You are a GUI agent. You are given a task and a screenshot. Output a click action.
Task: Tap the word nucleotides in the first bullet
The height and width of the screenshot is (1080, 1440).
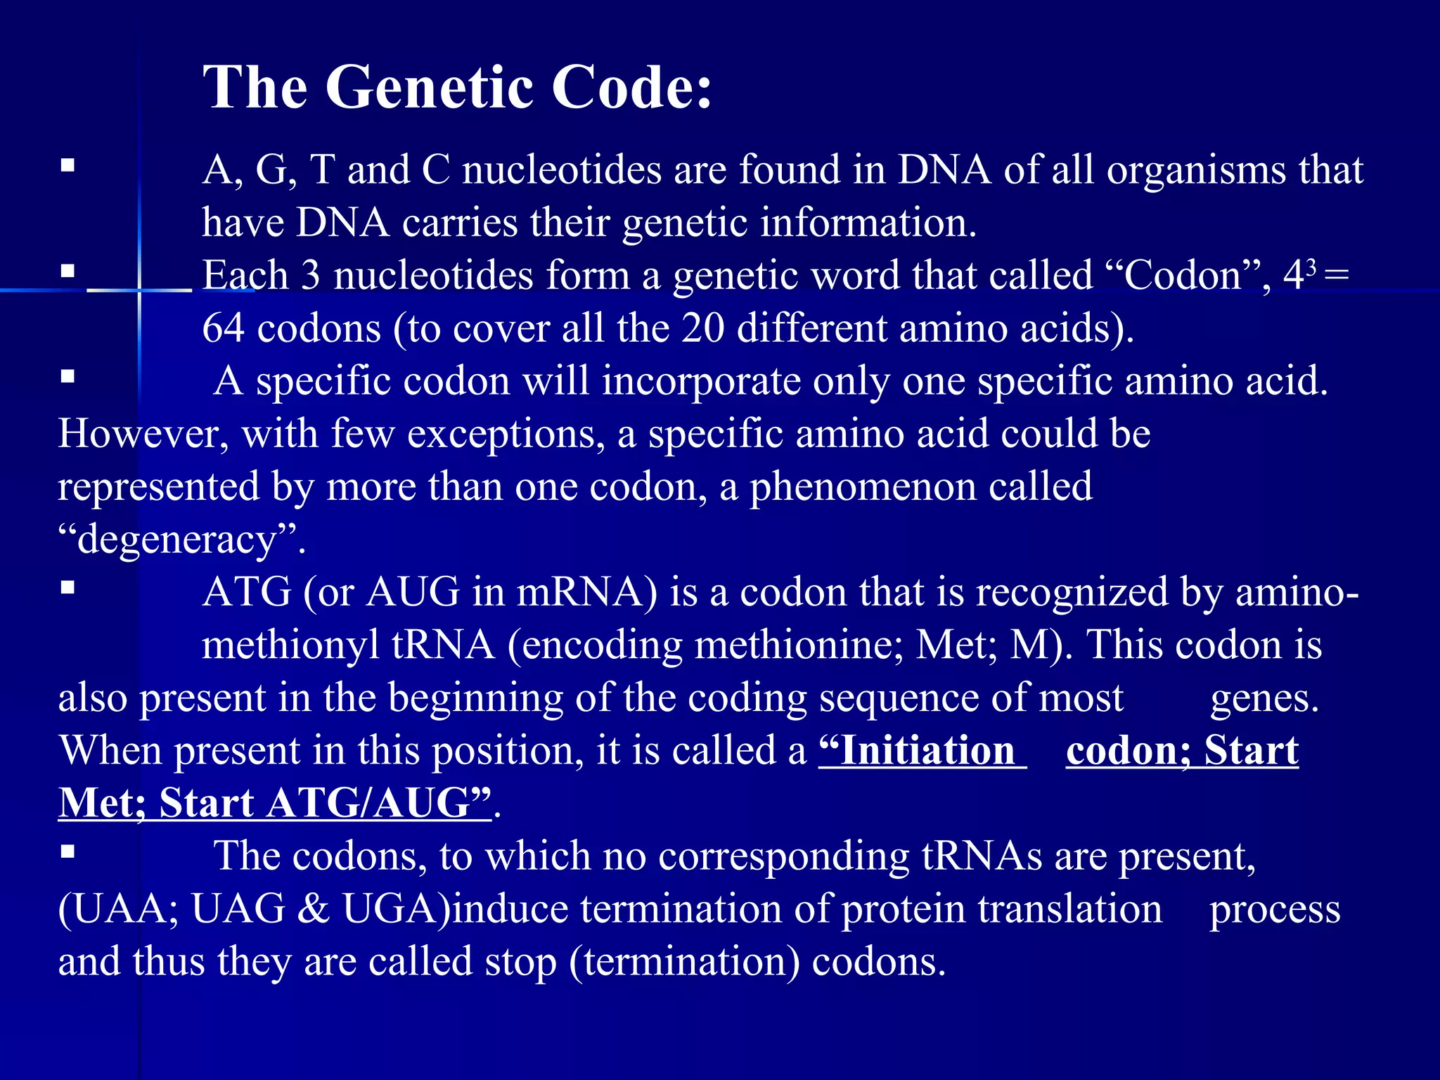(562, 171)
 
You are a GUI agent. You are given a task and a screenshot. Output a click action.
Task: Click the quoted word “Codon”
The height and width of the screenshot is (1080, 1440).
(1189, 276)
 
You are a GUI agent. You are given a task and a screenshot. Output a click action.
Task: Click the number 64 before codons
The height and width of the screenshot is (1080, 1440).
(223, 328)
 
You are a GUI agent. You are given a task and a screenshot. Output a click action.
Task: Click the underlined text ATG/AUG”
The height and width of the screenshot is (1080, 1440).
(379, 804)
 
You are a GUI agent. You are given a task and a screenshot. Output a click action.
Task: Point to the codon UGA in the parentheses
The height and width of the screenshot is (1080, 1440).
(394, 909)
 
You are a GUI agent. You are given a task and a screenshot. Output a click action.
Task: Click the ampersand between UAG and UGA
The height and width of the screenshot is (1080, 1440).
(314, 909)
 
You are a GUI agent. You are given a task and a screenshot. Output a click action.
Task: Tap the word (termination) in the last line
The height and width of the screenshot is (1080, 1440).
(685, 962)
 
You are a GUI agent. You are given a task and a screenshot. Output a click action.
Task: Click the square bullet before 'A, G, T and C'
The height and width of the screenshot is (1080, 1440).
(67, 166)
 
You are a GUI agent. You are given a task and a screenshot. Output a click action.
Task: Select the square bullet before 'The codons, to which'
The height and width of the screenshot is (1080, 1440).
(67, 851)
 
